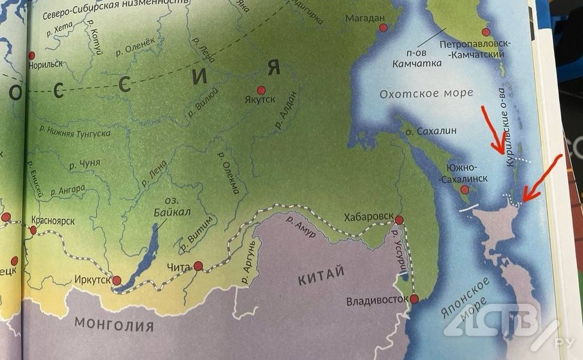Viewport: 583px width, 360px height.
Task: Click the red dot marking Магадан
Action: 383,28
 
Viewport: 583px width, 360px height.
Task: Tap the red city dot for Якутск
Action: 261,90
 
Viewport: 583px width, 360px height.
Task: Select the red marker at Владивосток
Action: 414,299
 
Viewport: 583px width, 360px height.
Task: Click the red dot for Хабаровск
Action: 399,220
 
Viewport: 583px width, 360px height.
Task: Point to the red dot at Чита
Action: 198,266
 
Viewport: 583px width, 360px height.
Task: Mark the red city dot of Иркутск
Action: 116,280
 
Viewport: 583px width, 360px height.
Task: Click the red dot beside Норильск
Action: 31,55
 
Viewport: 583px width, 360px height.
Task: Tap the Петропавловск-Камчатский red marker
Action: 486,32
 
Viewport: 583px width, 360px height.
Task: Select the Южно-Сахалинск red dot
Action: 465,190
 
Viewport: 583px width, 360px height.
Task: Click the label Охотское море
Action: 426,93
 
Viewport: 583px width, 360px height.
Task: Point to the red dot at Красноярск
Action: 33,230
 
